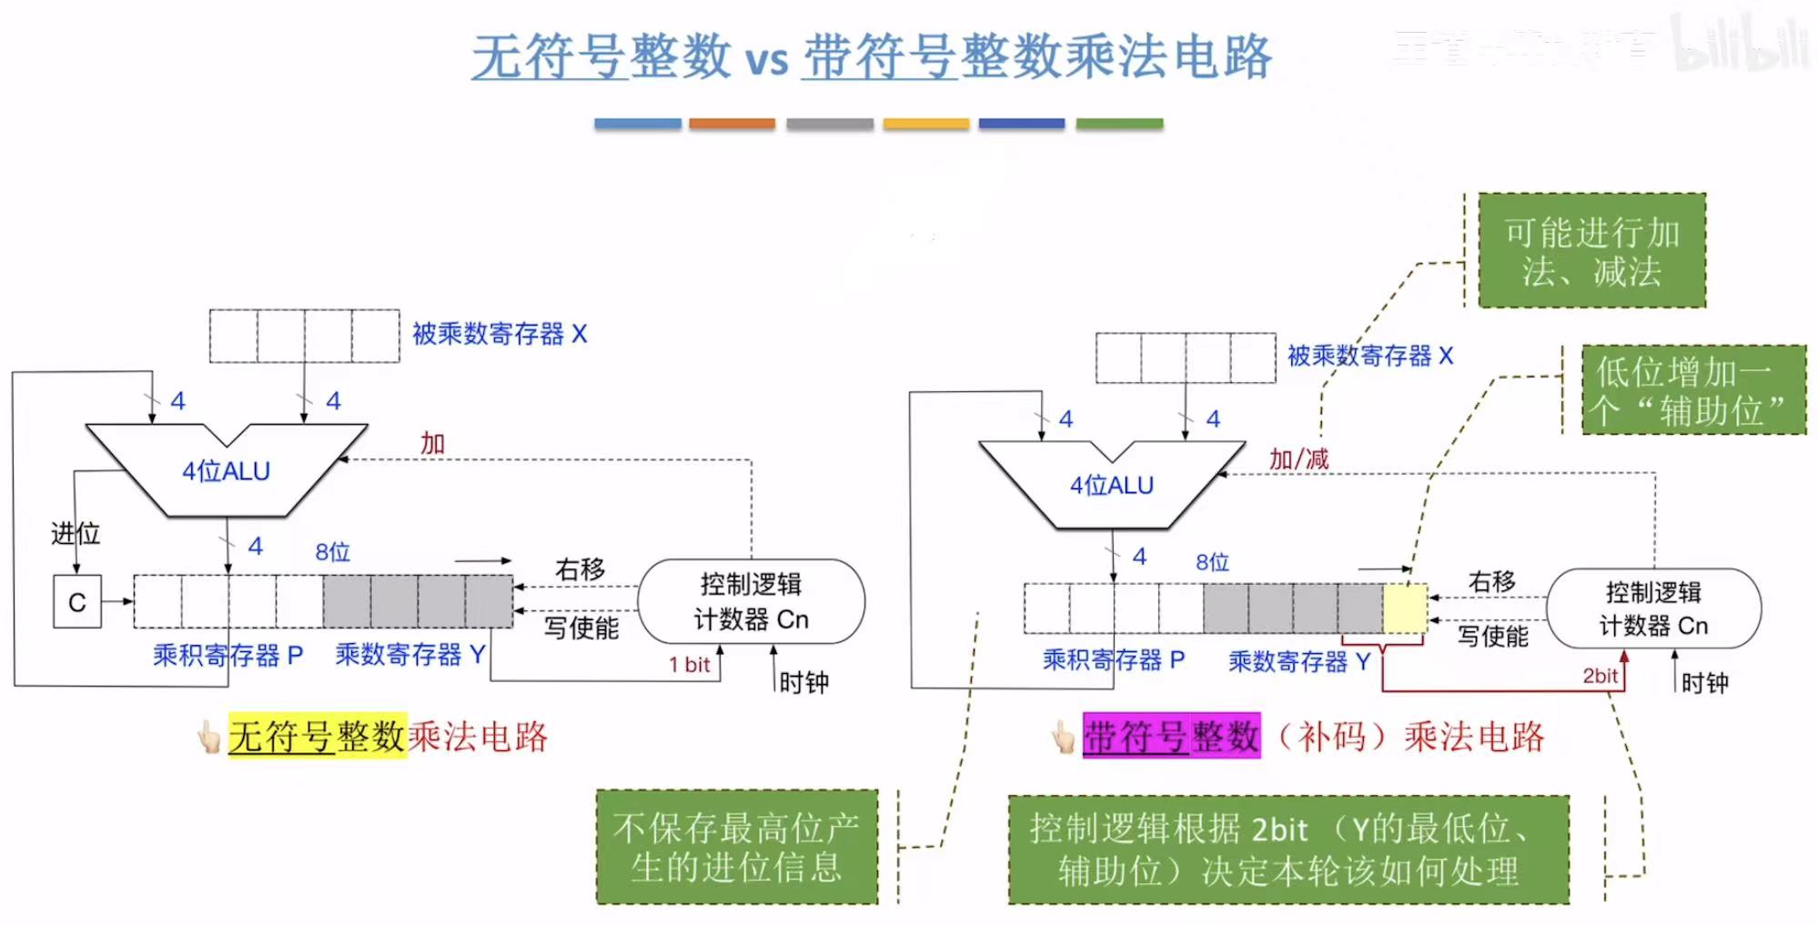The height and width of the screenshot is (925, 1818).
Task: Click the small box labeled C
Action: point(76,601)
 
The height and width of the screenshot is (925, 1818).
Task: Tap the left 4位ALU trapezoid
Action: point(226,471)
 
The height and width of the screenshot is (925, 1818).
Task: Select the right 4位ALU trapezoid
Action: point(1111,486)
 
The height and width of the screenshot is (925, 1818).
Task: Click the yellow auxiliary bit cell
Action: point(1404,609)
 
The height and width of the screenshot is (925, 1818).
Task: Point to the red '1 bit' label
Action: point(689,665)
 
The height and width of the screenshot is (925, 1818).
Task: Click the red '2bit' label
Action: point(1600,676)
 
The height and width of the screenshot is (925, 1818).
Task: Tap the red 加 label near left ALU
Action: point(432,444)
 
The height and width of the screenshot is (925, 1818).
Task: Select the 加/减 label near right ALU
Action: point(1298,459)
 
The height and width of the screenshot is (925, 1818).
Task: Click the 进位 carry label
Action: point(75,534)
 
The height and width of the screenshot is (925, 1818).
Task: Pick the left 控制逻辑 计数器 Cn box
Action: point(751,601)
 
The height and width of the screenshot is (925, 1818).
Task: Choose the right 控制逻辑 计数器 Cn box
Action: point(1653,608)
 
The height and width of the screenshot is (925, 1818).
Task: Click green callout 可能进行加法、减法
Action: point(1591,251)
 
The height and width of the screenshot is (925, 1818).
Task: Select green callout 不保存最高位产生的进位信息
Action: point(736,847)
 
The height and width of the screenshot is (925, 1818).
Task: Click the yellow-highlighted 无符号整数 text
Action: point(316,736)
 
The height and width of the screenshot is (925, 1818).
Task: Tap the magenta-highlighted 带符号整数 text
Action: point(1171,736)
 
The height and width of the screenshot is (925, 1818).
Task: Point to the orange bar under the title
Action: point(732,124)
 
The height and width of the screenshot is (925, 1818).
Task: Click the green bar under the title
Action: point(1118,124)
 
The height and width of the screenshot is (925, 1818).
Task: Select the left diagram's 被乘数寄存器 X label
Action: point(500,334)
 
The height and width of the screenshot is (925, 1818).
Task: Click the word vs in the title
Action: point(766,60)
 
